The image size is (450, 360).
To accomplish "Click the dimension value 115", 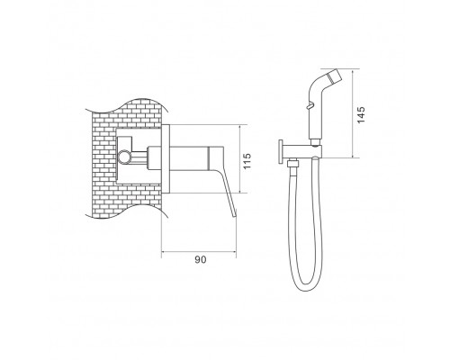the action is [x=247, y=161].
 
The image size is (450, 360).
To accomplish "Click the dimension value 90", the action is [x=201, y=259].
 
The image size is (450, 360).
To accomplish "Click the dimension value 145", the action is [x=361, y=114].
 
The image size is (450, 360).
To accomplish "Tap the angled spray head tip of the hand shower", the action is [x=335, y=76].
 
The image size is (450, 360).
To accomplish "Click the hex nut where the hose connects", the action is [x=292, y=164].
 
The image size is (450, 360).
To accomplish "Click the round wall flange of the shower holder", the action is [x=282, y=152].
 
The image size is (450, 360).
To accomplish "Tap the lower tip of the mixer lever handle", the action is [x=235, y=213].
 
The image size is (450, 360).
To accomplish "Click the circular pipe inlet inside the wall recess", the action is [x=123, y=157].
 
